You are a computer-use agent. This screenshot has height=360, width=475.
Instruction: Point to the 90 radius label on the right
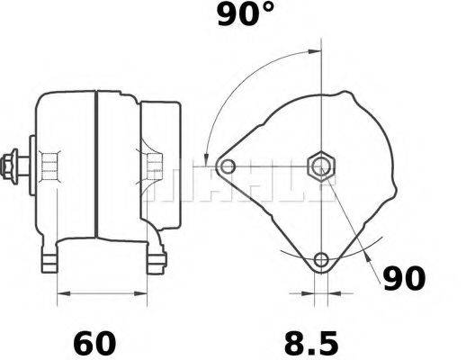click(403, 280)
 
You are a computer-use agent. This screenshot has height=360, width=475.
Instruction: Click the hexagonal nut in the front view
click(321, 166)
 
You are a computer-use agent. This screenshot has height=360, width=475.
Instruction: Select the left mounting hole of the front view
click(228, 166)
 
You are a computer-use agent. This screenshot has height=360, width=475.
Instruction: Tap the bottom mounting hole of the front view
click(321, 262)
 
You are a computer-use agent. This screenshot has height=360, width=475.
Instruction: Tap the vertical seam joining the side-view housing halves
click(95, 166)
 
